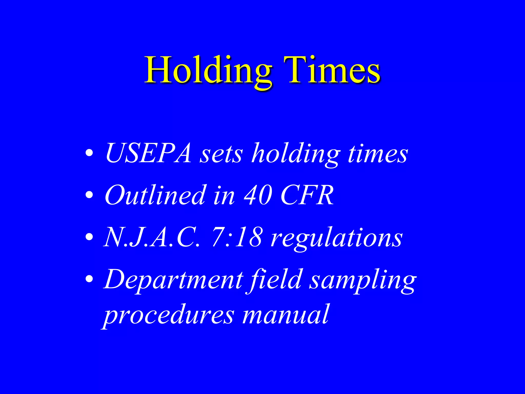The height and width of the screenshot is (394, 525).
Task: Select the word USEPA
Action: [148, 153]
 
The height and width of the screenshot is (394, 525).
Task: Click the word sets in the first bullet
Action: [221, 154]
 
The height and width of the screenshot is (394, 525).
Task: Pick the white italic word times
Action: [378, 154]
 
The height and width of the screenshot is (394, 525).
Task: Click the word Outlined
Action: [155, 195]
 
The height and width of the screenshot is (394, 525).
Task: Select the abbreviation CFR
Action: [307, 195]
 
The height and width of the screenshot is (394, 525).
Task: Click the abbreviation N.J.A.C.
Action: [151, 238]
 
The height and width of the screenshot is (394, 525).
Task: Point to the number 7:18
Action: [237, 238]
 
